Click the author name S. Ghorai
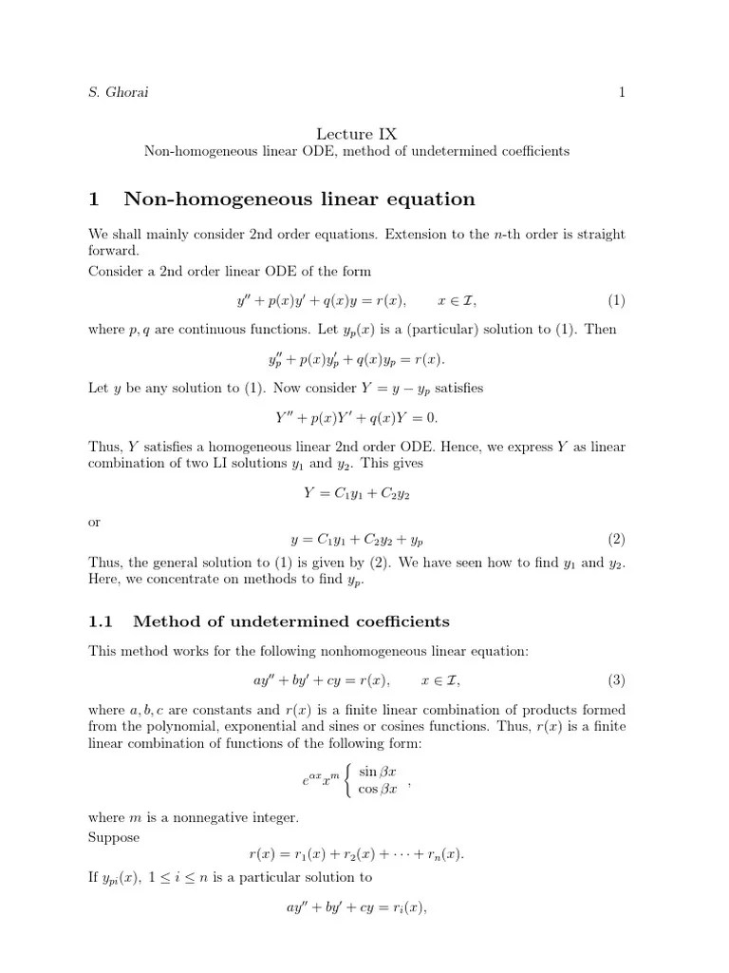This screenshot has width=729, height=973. tap(119, 92)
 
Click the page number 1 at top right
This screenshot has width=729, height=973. tap(622, 92)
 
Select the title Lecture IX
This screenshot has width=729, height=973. tap(356, 135)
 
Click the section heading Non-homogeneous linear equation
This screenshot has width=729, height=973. tap(299, 199)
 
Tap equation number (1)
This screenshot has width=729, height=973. tap(617, 301)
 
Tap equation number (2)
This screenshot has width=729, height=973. tap(617, 539)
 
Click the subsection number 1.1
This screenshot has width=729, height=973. tap(101, 621)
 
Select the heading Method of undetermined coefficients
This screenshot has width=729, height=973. tap(291, 621)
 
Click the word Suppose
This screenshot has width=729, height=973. tap(113, 837)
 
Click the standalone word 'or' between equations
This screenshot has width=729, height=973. tap(94, 522)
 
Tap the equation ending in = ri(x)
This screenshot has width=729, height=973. tap(356, 907)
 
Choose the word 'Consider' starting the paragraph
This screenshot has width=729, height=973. tap(114, 271)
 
